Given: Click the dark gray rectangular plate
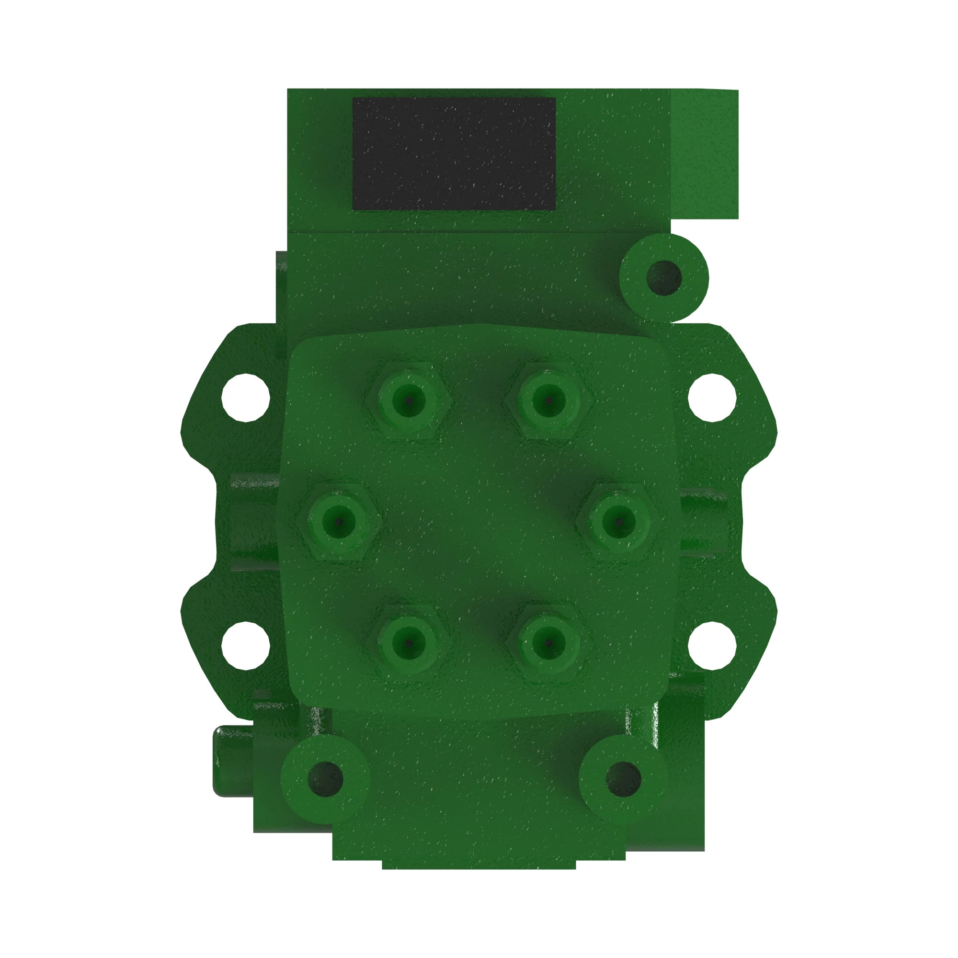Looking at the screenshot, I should tap(454, 153).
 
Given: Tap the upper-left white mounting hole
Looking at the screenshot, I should tap(245, 398).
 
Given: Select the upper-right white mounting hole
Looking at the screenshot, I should tap(712, 398).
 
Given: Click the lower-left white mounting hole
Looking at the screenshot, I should tap(245, 645).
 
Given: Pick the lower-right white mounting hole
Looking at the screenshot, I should tap(712, 645).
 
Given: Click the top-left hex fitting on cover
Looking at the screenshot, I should tap(409, 399).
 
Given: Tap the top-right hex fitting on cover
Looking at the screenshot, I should tap(548, 399).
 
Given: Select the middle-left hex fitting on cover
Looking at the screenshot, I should tap(339, 522).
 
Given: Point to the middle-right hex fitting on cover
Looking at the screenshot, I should tap(619, 522).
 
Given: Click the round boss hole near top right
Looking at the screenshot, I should tap(664, 278).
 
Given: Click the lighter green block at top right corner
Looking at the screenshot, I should tap(705, 154).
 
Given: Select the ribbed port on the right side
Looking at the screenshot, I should tap(703, 522).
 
